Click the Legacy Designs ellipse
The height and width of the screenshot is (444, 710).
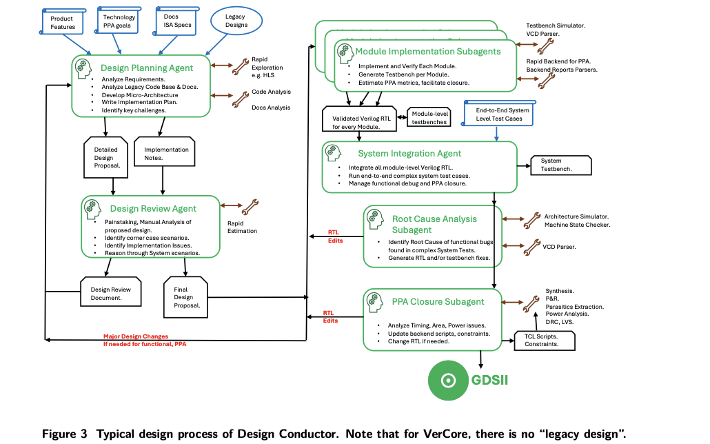click(x=236, y=21)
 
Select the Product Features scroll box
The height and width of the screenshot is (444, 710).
click(x=63, y=22)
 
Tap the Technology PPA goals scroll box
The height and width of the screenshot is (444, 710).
click(x=118, y=21)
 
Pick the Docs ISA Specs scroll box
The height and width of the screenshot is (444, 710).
click(x=176, y=21)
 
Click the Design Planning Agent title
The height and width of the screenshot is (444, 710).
click(x=147, y=68)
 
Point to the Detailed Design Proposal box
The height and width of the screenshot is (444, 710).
click(x=106, y=157)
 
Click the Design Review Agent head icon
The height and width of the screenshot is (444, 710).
click(x=92, y=210)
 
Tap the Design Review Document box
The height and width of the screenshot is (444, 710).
click(x=111, y=292)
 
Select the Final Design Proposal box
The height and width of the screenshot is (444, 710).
click(x=185, y=297)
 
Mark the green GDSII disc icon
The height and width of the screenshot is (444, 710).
click(x=448, y=380)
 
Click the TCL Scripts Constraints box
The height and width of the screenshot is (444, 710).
click(x=545, y=341)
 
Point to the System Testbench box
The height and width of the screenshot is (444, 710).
click(x=561, y=165)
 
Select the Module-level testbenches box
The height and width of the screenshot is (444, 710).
click(x=429, y=117)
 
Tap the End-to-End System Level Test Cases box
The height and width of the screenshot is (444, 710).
click(x=498, y=113)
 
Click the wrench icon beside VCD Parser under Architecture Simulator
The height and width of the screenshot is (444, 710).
click(x=532, y=248)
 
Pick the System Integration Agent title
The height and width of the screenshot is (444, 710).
click(x=409, y=154)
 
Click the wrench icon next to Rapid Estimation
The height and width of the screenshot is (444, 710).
click(x=250, y=207)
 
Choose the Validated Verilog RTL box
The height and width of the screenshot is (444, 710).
click(x=360, y=119)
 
